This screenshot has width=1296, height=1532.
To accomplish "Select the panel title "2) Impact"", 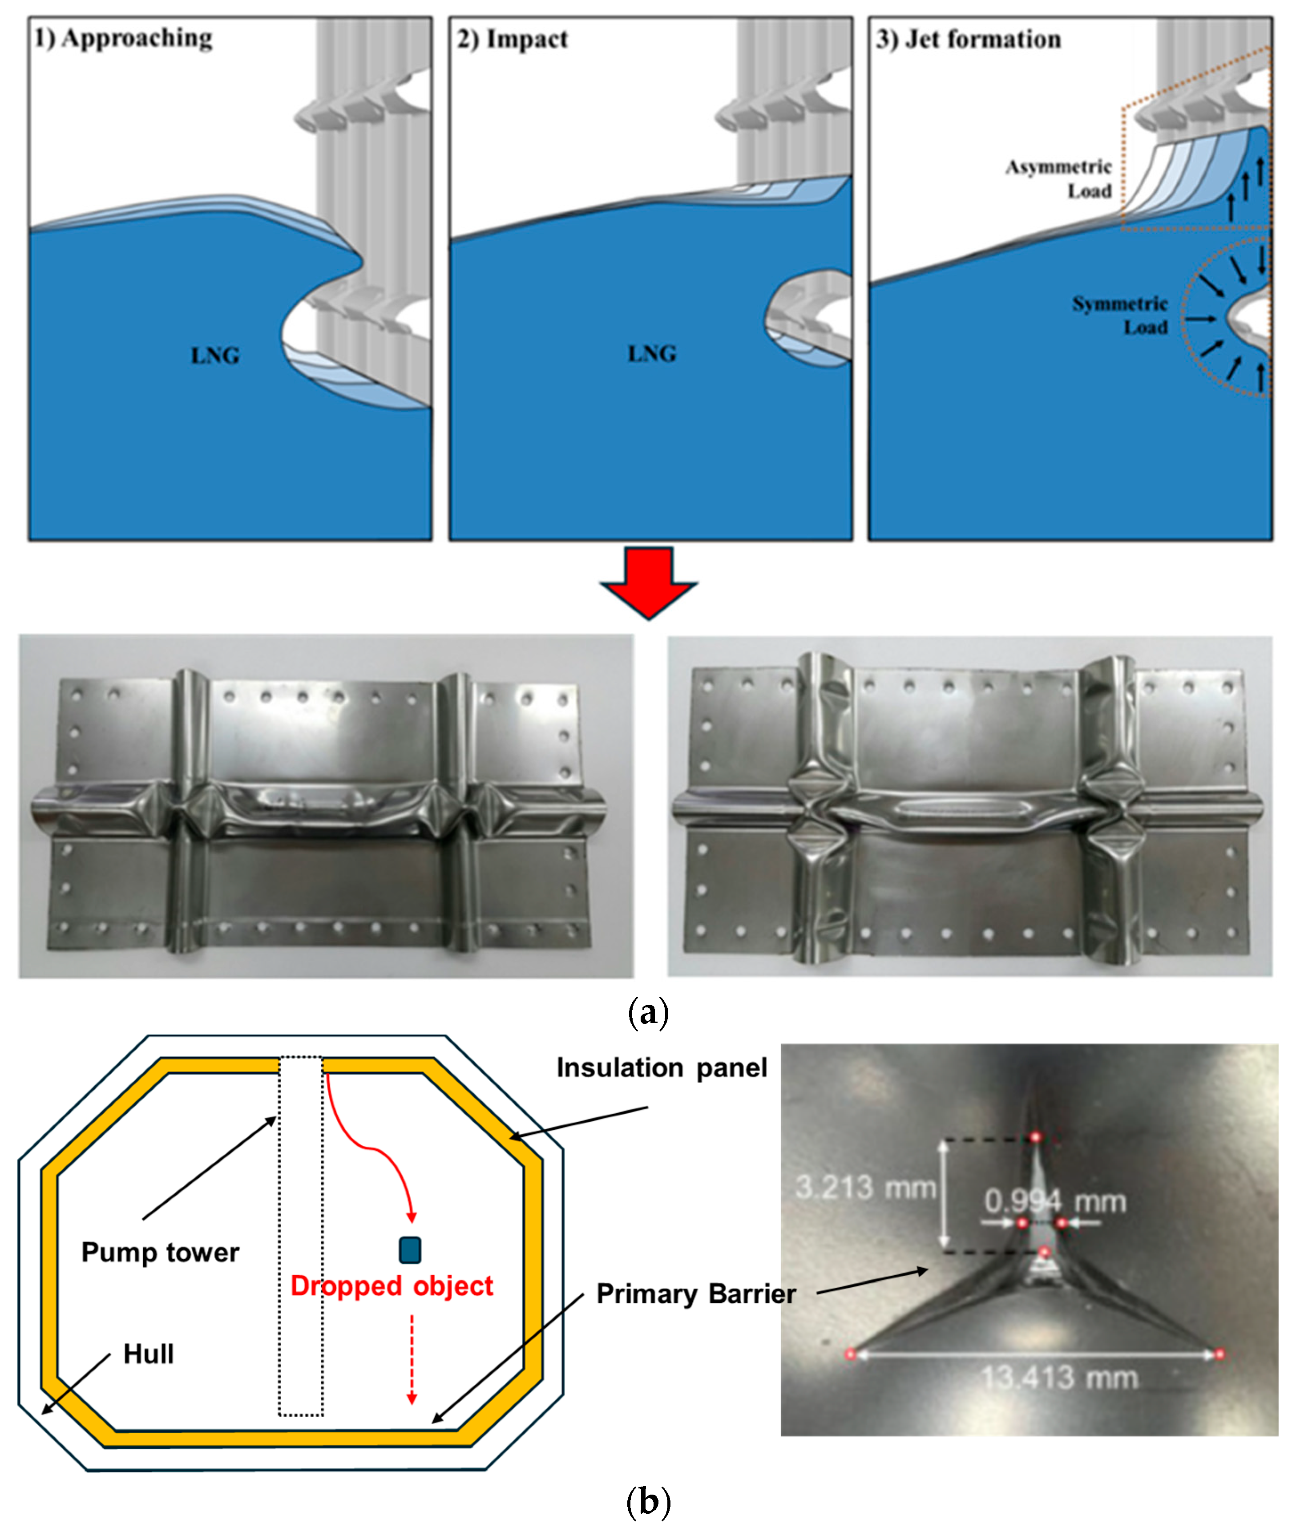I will (512, 39).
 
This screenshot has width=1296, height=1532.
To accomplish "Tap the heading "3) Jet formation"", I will (968, 39).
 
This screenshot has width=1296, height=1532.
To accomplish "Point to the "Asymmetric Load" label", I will (1059, 178).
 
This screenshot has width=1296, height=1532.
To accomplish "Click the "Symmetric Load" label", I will (1120, 315).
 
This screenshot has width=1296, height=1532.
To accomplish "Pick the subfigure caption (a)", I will (649, 1013).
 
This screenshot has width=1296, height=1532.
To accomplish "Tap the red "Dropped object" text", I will (392, 1286).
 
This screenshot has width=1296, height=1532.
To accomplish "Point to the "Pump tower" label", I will (160, 1252).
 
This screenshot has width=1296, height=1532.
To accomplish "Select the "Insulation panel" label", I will (661, 1067).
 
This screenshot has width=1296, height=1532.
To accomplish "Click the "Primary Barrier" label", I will (696, 1294).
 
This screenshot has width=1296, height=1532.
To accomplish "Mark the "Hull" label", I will (149, 1354).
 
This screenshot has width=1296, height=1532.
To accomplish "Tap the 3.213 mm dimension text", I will (865, 1188).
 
